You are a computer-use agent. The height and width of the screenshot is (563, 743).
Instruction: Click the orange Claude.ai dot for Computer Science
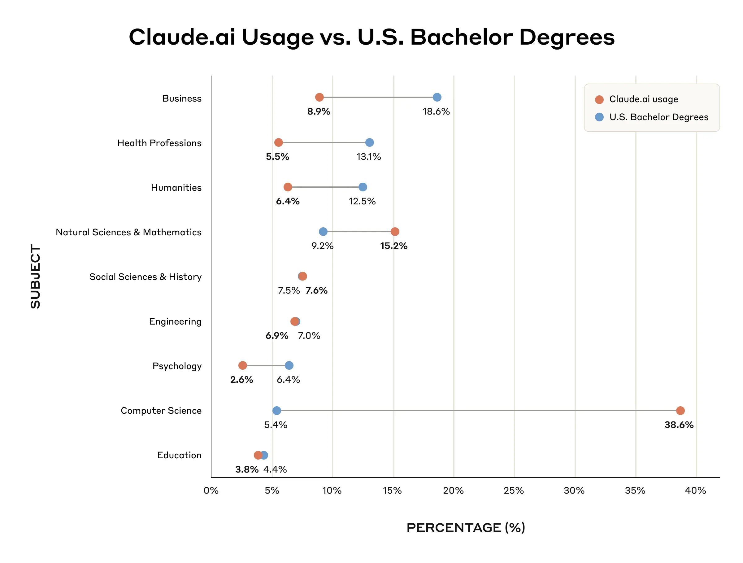pos(680,411)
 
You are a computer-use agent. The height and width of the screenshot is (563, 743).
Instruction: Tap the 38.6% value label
pos(679,425)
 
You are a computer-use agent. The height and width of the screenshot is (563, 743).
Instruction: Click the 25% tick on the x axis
pos(514,491)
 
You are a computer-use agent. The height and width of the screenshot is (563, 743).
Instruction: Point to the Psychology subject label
pos(177,366)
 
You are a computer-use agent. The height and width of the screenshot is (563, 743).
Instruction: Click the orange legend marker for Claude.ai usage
pos(599,99)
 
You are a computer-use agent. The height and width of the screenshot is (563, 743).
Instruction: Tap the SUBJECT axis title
pos(35,276)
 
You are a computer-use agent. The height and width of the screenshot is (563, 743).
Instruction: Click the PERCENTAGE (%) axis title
pos(466,528)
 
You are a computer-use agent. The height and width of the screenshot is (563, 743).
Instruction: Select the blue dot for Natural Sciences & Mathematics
pos(323,231)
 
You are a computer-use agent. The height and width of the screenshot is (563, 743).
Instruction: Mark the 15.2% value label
pos(393,246)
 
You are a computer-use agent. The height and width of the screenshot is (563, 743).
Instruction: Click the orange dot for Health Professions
pos(278,142)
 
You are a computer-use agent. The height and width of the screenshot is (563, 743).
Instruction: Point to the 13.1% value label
pos(368,157)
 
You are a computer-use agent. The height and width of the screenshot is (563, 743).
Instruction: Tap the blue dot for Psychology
pos(289,365)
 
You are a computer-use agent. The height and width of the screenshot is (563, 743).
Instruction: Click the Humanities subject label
pos(176,187)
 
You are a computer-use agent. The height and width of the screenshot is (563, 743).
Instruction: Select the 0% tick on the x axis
pos(211,491)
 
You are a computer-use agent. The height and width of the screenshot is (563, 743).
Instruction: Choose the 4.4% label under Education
pos(275,469)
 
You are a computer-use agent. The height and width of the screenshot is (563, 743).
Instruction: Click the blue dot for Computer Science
pos(276,411)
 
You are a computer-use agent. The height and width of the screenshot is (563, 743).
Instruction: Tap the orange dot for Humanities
pos(288,187)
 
